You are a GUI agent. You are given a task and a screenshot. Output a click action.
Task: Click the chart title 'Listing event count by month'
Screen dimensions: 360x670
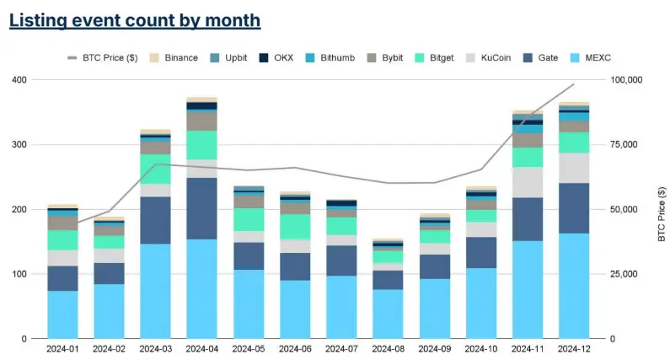[x=135, y=20]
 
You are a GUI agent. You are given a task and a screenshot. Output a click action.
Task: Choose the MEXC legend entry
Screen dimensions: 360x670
[x=595, y=57]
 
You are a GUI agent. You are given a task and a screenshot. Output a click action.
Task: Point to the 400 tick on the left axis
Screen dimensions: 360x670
[x=18, y=80]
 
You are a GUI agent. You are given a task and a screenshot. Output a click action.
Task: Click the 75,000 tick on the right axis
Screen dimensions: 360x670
[x=625, y=145]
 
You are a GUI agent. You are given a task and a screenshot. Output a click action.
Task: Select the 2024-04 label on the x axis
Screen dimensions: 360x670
[x=201, y=347]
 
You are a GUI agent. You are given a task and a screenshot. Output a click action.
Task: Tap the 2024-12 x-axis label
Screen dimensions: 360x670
[x=574, y=347]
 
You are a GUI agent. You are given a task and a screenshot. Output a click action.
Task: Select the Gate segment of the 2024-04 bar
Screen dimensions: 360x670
[x=201, y=208]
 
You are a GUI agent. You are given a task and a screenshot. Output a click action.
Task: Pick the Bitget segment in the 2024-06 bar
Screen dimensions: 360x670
[x=295, y=226]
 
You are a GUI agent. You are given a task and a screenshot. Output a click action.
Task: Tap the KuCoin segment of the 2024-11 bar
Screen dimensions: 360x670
[x=528, y=182]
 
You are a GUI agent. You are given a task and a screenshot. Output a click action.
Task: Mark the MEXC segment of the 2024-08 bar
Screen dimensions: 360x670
[x=388, y=314]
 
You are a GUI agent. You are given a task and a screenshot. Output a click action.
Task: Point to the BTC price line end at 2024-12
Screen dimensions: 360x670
[x=574, y=84]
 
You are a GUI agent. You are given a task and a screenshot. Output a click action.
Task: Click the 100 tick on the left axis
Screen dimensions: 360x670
[x=18, y=274]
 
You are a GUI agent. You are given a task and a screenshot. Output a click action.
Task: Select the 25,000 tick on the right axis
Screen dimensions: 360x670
[x=625, y=274]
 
